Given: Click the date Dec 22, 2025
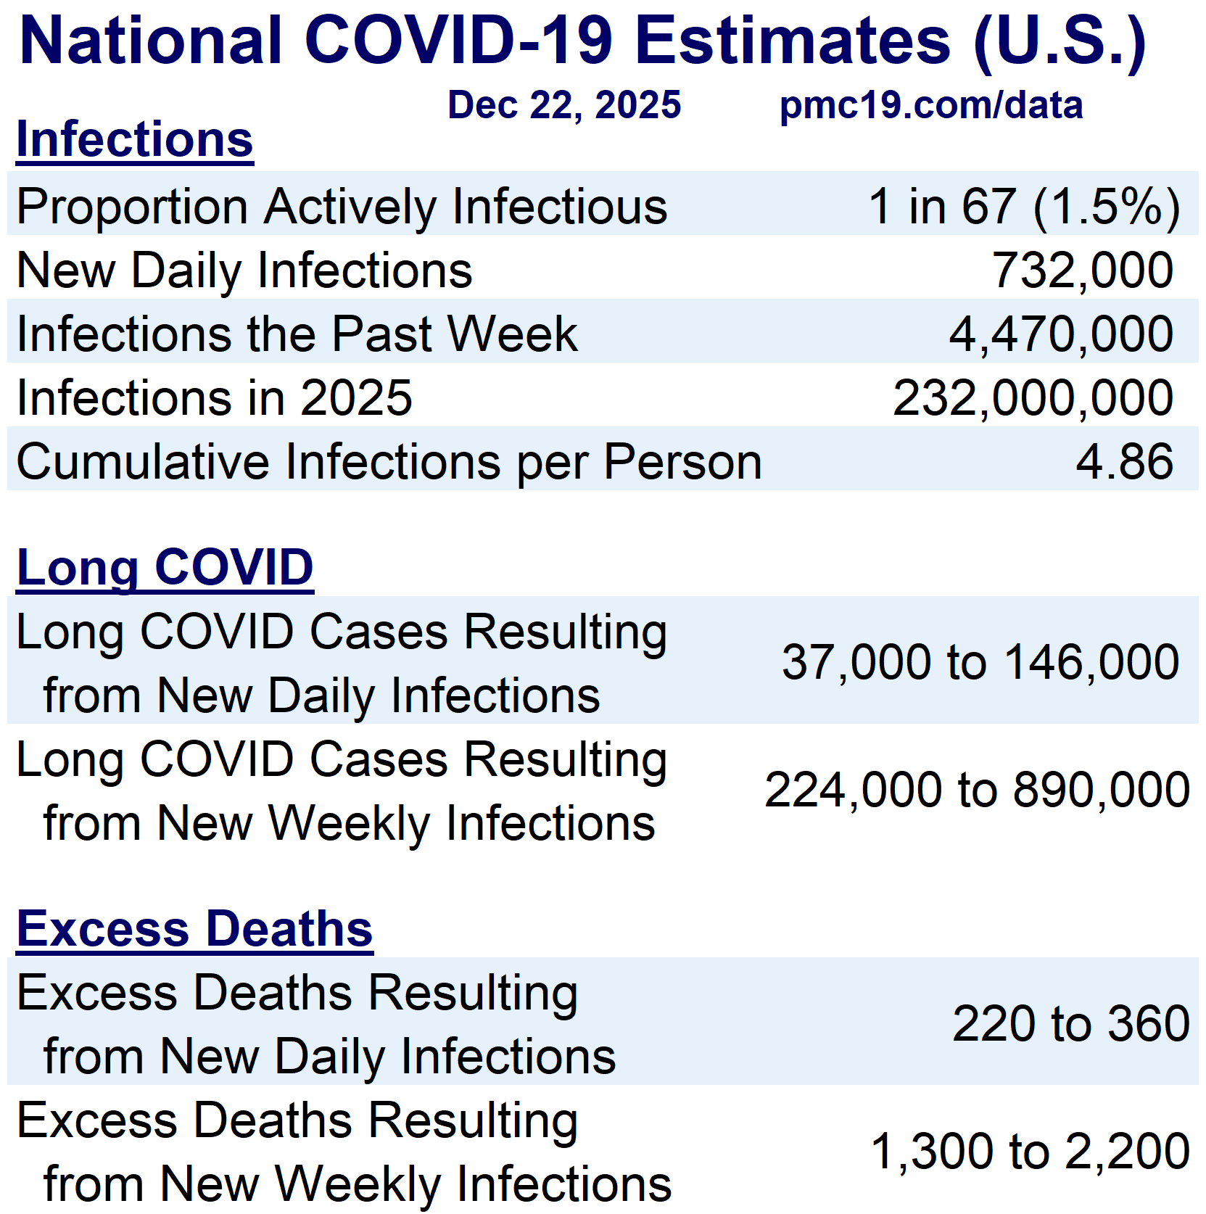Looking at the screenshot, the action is [564, 106].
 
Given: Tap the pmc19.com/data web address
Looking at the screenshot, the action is [931, 106].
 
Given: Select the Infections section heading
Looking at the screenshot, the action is [135, 139].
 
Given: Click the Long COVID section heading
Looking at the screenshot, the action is [165, 568].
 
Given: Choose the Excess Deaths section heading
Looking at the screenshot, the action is [194, 929].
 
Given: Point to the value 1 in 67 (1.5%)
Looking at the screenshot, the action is [1024, 207].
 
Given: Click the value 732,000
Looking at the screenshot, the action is [1082, 271].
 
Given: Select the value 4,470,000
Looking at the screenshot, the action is [1061, 334].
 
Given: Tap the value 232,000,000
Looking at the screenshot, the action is [1033, 398].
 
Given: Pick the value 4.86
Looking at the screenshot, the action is [1124, 461].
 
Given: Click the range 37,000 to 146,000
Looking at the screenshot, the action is [980, 662].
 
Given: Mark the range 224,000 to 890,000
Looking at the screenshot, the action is [977, 790].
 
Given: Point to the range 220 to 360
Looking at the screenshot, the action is [1071, 1023].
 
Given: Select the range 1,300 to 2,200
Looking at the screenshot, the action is [1030, 1152].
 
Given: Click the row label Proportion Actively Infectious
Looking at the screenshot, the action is [342, 207].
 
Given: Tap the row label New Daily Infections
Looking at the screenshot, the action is [244, 271].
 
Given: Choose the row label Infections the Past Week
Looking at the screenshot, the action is [297, 334].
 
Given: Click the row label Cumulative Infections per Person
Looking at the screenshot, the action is [389, 462].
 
